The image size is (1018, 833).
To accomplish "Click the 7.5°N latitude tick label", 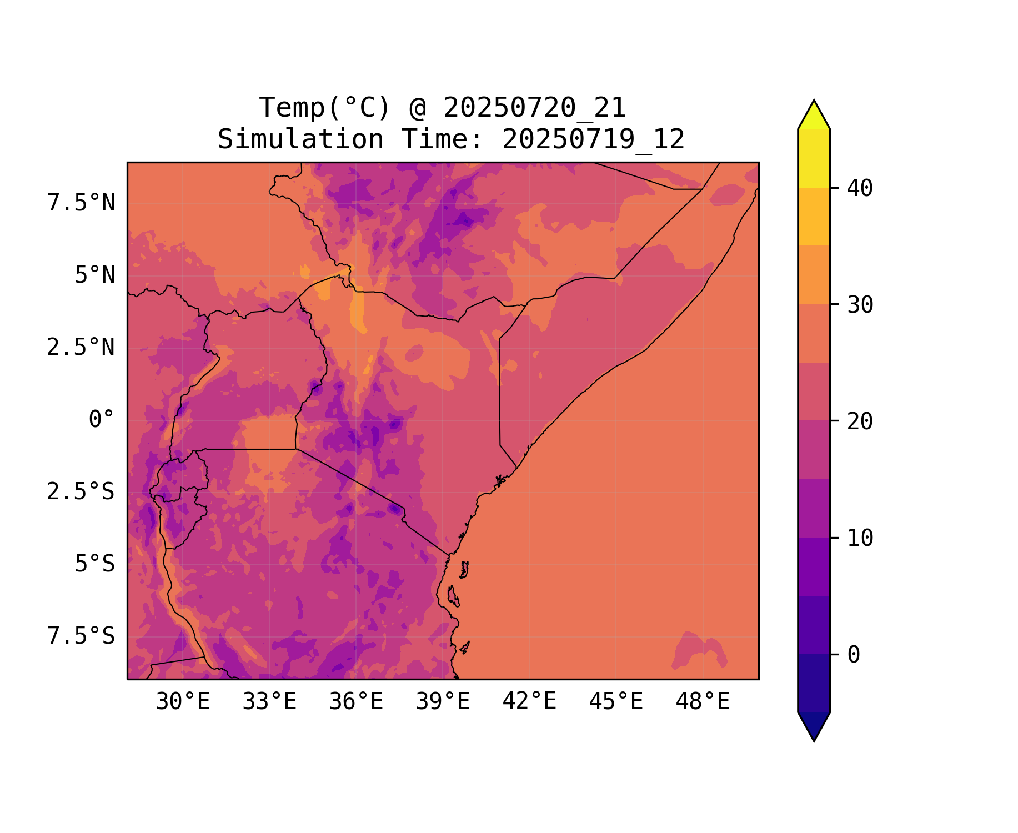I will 81,203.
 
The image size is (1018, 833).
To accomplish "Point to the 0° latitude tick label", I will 101,419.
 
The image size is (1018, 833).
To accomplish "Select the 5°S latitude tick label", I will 94,564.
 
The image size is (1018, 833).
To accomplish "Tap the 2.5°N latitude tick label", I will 81,347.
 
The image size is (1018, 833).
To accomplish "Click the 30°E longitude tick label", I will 183,701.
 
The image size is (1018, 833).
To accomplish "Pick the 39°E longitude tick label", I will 443,701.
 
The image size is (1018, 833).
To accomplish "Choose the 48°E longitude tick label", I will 703,701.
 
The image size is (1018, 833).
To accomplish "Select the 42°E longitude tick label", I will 529,701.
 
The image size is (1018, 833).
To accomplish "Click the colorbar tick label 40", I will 860,188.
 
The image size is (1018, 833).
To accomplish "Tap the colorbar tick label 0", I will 854,655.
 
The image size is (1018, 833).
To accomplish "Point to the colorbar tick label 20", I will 860,421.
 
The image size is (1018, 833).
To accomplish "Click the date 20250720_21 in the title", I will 534,108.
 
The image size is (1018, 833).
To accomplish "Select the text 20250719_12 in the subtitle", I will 593,139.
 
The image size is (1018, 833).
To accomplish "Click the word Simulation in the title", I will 300,139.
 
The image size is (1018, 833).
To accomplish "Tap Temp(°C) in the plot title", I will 325,108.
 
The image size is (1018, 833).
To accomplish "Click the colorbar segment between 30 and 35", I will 814,274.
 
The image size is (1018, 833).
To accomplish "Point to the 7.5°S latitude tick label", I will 81,636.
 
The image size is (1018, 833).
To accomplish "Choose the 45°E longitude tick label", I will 616,701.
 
